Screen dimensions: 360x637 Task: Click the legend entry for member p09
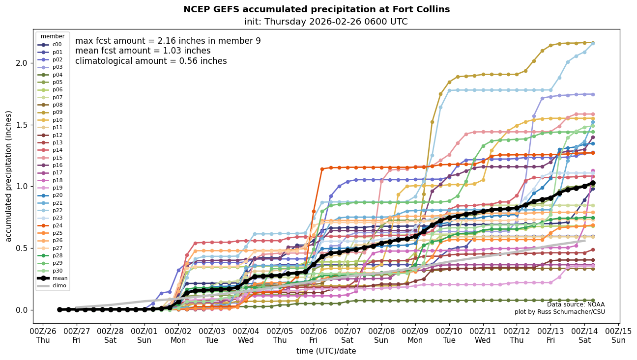[53, 112]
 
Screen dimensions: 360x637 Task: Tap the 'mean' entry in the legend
[53, 278]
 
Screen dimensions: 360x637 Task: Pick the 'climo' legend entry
[53, 286]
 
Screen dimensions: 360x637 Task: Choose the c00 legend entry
[53, 45]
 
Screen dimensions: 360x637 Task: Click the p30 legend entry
[53, 271]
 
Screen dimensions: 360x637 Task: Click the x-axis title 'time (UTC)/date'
[326, 351]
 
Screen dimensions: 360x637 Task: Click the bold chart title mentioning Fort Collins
[317, 9]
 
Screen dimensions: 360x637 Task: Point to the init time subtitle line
[326, 22]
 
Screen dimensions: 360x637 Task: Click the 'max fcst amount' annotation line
[168, 41]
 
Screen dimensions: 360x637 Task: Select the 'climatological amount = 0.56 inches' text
[151, 61]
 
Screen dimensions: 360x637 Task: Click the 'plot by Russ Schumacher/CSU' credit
[560, 312]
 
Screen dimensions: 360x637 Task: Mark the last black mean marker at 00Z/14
[593, 183]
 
